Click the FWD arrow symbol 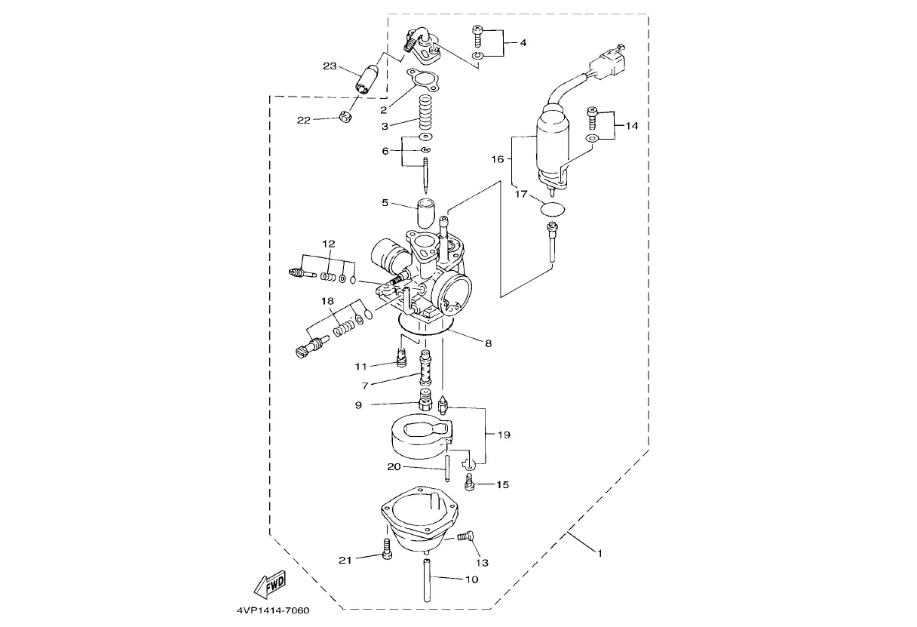point(269,585)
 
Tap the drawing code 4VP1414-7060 point(273,610)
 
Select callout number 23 point(330,66)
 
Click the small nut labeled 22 point(345,118)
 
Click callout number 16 point(498,159)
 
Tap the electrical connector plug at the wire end point(608,62)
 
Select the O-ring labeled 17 point(552,209)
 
